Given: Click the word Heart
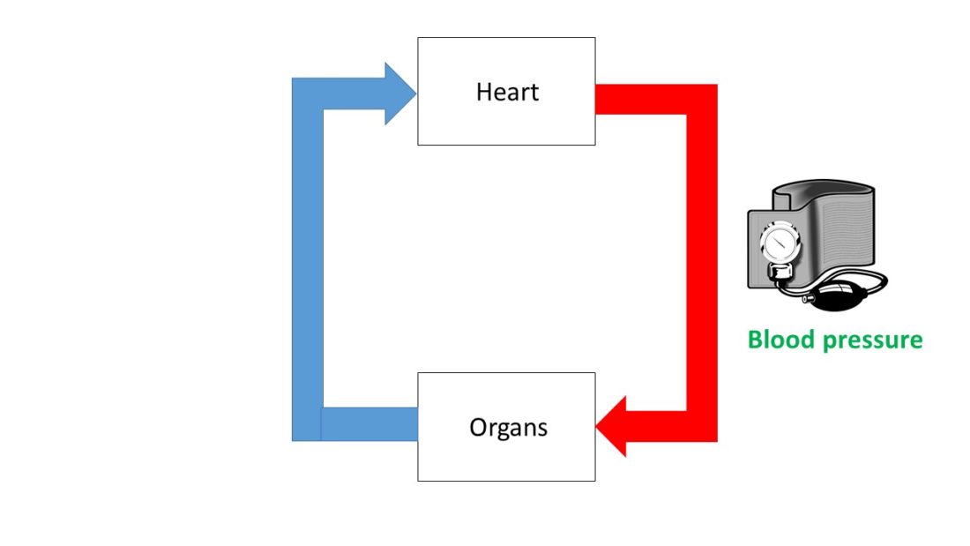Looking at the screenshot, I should coord(507,92).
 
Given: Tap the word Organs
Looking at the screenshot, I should coord(508,428).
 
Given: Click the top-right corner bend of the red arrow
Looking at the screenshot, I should coord(702,100).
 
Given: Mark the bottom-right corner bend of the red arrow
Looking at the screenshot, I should coord(702,426).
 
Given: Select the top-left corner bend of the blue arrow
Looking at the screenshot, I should coord(308,93).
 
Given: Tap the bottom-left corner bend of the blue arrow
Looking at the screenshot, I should coord(307,424).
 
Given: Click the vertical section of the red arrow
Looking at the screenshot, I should coord(702,265).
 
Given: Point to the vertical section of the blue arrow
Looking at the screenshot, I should coord(307,265).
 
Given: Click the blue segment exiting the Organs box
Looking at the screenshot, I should coord(370,424).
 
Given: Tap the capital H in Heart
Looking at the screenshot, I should coord(483,92).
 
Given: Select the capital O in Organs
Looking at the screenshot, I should coord(477,428).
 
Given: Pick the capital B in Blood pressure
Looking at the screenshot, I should coord(756,340).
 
